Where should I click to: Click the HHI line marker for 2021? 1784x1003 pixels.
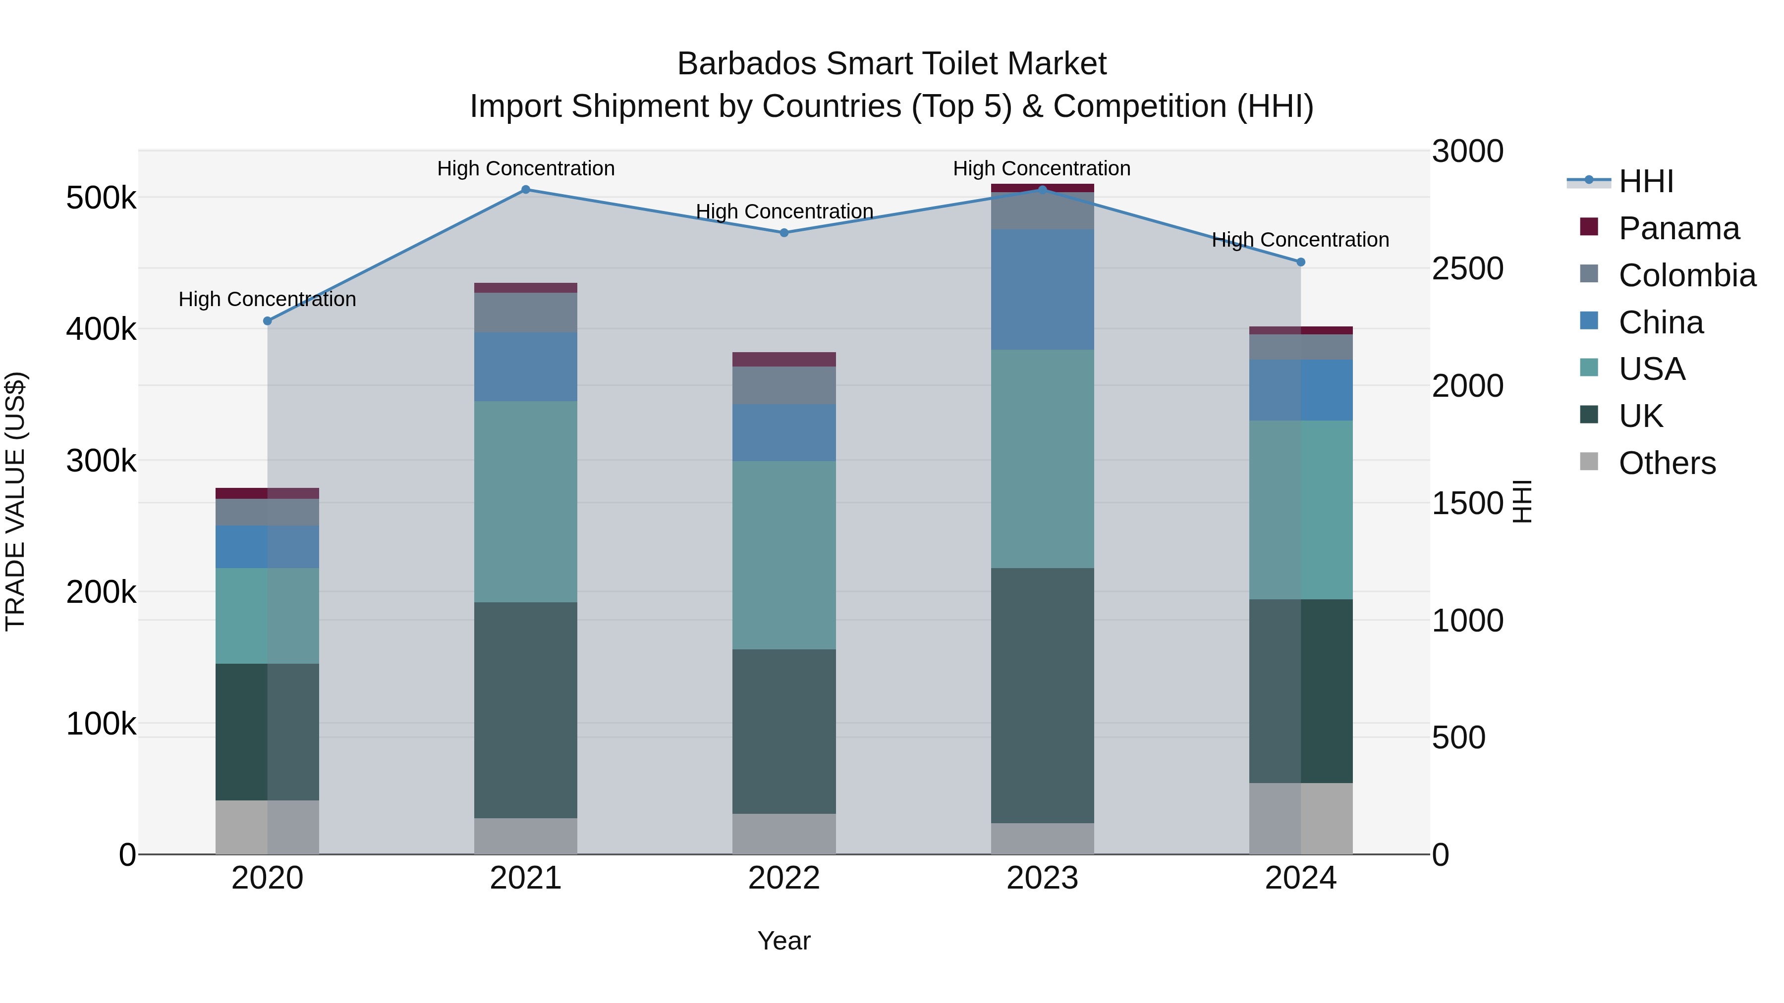point(526,190)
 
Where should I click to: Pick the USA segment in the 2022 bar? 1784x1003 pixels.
point(784,555)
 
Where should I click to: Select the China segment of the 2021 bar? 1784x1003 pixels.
point(526,367)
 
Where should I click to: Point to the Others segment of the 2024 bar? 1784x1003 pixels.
point(1301,818)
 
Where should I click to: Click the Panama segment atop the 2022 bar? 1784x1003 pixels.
point(784,359)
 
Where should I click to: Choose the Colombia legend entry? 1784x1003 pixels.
point(1687,275)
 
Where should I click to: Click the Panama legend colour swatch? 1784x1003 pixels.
point(1589,227)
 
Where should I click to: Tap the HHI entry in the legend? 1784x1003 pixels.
point(1645,181)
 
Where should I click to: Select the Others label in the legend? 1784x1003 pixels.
point(1667,463)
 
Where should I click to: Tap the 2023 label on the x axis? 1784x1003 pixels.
point(1042,878)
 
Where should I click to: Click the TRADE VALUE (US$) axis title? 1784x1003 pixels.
point(15,501)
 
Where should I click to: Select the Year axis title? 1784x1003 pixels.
point(784,941)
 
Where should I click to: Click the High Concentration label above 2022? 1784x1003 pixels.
point(784,211)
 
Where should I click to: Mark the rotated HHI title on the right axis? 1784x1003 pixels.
point(1521,501)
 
